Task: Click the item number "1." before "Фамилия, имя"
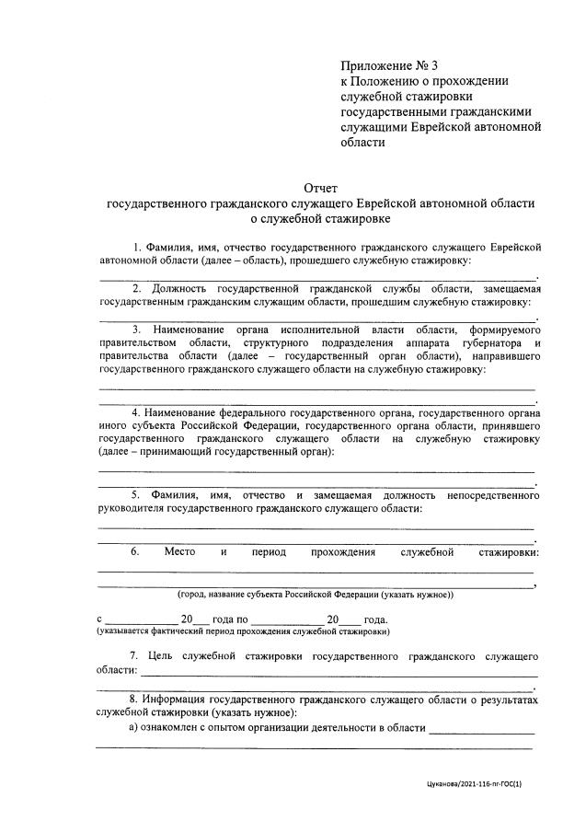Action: click(138, 248)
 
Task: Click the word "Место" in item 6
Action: click(180, 551)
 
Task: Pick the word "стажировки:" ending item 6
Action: click(509, 551)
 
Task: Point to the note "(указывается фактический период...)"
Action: click(243, 632)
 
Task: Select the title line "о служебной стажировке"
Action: click(320, 219)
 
